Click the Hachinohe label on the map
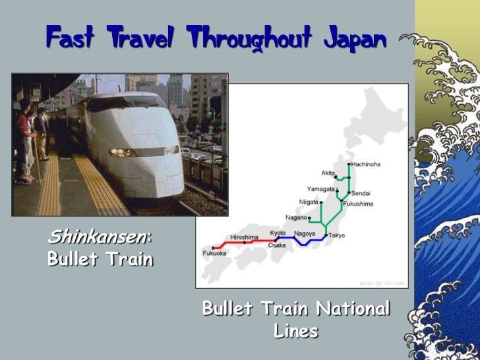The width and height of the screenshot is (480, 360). coord(366,164)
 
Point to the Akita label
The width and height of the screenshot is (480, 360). coord(328,172)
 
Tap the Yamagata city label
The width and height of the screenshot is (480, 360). coord(320,189)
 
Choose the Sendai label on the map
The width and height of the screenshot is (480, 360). coord(361,193)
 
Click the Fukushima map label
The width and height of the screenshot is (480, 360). coord(359,204)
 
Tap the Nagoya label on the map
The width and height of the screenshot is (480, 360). coord(305,233)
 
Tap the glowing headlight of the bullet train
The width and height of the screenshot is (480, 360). coord(123,152)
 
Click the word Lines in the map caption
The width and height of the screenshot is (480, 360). coord(296,332)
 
